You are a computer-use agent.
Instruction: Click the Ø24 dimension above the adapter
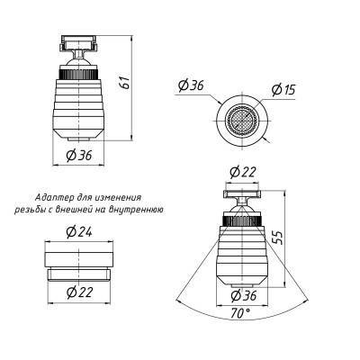pyautogui.click(x=81, y=231)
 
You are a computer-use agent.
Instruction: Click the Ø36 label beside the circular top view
pyautogui.click(x=192, y=85)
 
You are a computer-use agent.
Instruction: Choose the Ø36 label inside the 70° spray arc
pyautogui.click(x=239, y=295)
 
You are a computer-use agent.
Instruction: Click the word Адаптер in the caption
pyautogui.click(x=51, y=197)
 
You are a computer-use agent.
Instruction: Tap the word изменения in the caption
pyautogui.click(x=121, y=197)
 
